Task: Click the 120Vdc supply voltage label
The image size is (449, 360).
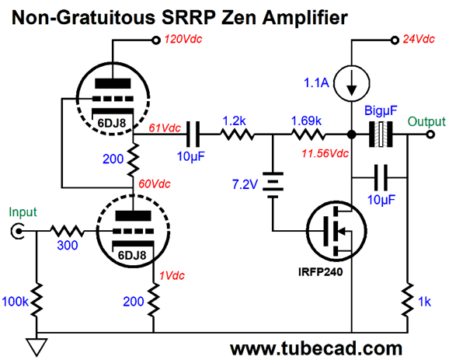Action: tap(183, 39)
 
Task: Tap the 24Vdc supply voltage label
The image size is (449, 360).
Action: tap(419, 39)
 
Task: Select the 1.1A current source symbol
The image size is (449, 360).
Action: tap(352, 83)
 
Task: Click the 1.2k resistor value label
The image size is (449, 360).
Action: tap(234, 121)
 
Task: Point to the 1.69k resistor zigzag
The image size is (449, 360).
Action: tap(308, 135)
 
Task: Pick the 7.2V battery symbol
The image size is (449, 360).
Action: tap(273, 185)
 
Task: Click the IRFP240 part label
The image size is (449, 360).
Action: tap(320, 271)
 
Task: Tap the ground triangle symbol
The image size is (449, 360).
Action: tap(37, 347)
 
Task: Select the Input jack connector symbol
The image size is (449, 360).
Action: tap(17, 231)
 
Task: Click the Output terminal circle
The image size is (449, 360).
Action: tap(430, 135)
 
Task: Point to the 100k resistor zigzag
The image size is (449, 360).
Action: tap(37, 300)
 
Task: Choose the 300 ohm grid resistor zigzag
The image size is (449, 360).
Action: tap(67, 231)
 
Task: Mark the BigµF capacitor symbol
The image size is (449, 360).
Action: tap(381, 135)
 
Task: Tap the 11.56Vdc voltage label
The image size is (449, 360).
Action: tap(325, 154)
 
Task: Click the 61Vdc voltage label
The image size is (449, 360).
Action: tap(165, 128)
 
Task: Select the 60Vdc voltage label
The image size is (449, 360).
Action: tap(155, 183)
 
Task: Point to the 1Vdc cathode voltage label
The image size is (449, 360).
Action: tap(172, 275)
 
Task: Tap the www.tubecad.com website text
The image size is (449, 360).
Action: tap(316, 348)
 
